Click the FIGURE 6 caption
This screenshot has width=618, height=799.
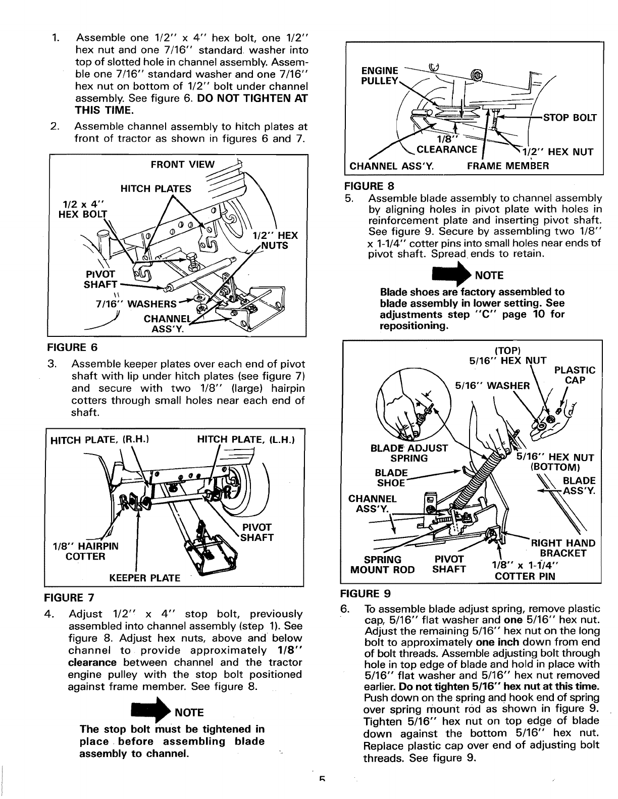[71, 347]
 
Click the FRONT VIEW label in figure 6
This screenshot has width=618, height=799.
[183, 164]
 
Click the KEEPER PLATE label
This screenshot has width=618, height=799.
[145, 578]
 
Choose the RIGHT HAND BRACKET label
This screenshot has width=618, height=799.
[563, 548]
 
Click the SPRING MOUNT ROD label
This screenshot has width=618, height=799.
[382, 565]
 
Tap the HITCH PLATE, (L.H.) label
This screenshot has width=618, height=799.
[245, 440]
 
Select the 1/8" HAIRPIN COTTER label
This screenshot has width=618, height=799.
[85, 551]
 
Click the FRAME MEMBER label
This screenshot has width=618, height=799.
[508, 165]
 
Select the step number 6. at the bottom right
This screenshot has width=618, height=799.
[346, 609]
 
